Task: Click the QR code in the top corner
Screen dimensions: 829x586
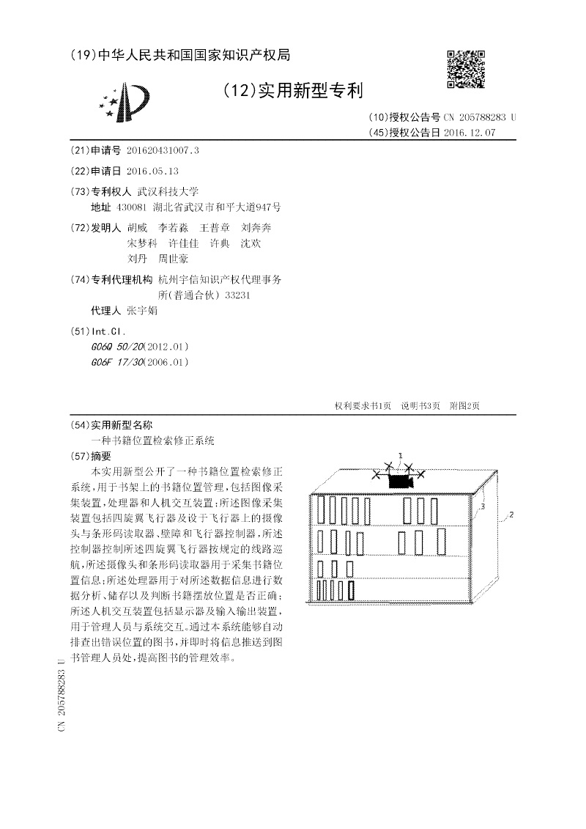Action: [466, 69]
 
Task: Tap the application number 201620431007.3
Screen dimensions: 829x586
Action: [163, 150]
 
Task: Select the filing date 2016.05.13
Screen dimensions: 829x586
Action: [152, 171]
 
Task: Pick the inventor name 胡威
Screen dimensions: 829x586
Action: [137, 228]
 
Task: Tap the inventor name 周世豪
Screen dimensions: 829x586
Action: [174, 259]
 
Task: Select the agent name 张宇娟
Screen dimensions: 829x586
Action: [142, 311]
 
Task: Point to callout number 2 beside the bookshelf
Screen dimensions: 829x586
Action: [511, 515]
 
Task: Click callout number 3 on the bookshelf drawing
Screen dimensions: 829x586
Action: [484, 505]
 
